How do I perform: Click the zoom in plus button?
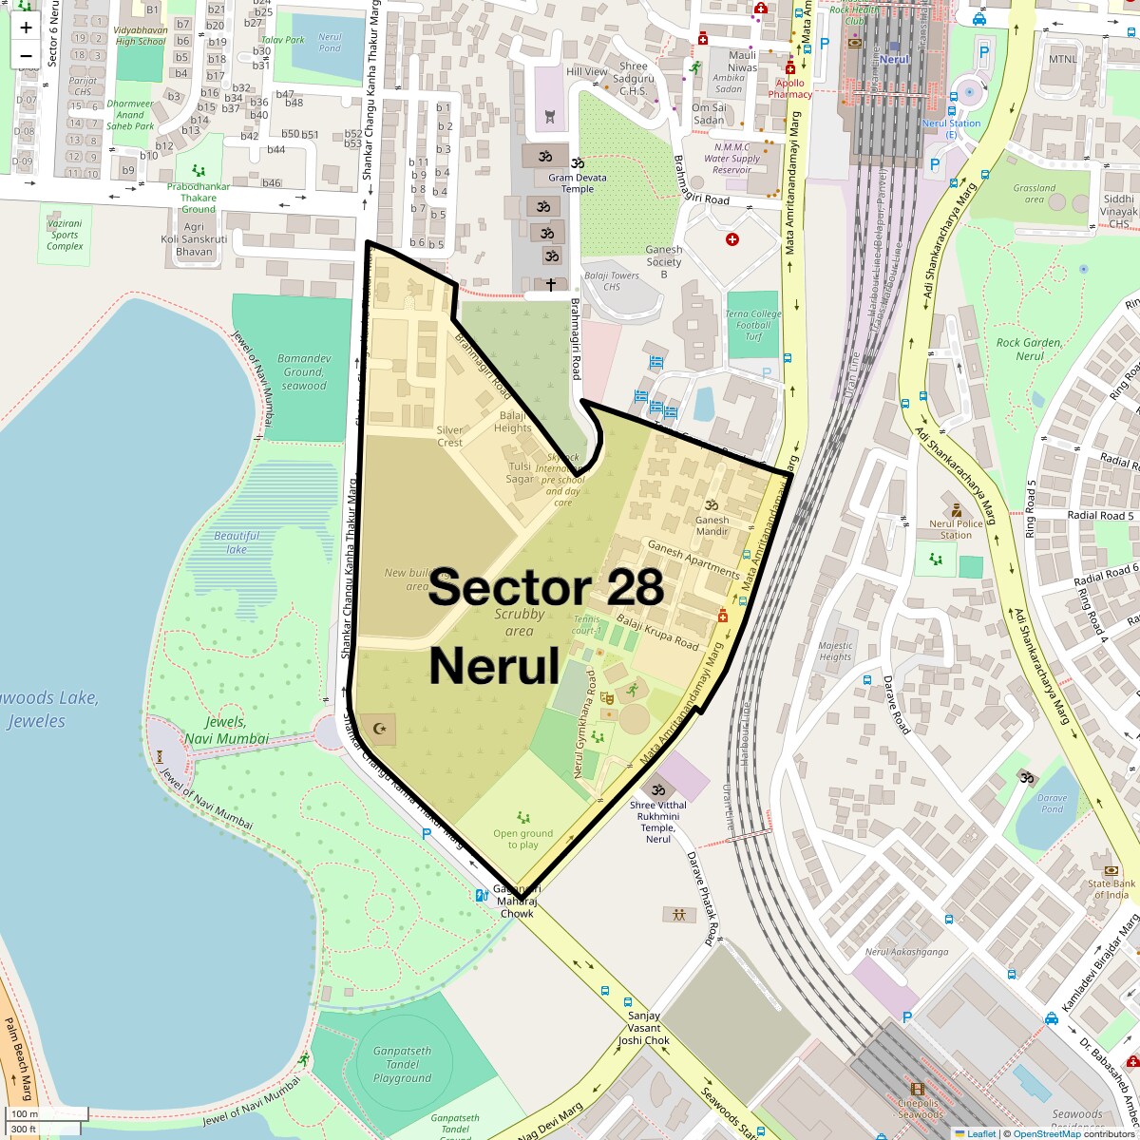point(26,27)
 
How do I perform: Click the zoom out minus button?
point(26,55)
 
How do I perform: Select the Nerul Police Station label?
point(956,529)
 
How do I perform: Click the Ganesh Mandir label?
point(712,524)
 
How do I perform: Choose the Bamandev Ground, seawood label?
point(304,372)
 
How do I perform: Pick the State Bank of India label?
point(1111,889)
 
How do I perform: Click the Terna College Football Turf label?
point(753,325)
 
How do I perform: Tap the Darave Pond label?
point(1052,804)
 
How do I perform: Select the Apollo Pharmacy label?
point(790,88)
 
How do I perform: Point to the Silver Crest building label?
point(449,436)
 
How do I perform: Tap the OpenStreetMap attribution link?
point(1046,1133)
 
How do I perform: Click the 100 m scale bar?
point(27,1114)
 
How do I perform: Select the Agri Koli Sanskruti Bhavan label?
point(194,239)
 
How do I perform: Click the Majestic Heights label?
point(835,651)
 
